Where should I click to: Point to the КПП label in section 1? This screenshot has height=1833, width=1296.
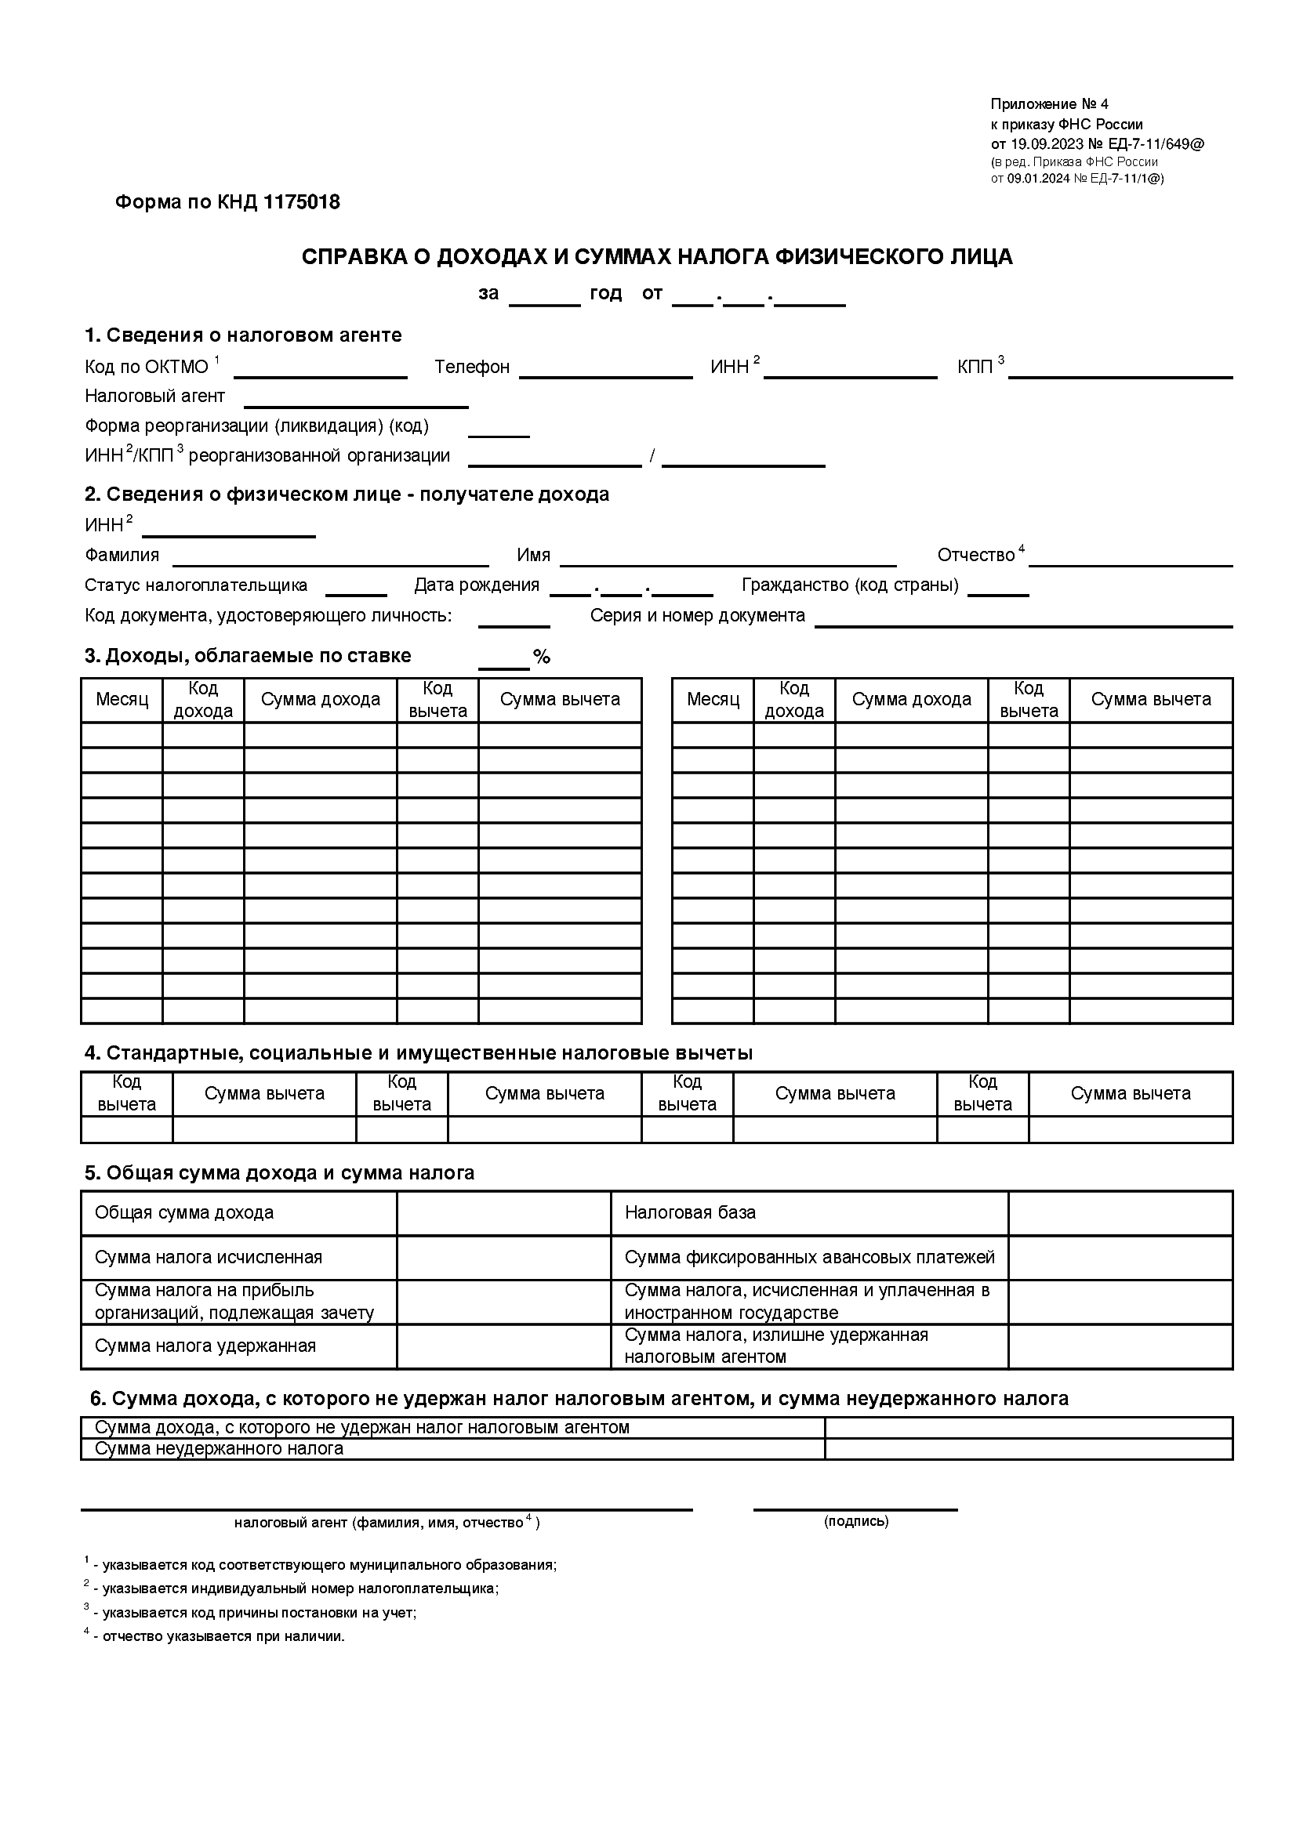[975, 368]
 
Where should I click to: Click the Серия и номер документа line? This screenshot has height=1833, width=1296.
[1023, 621]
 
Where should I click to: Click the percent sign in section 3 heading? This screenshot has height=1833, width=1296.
[543, 657]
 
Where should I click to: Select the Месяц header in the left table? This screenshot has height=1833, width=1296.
[122, 700]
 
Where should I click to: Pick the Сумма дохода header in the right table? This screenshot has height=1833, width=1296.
[911, 700]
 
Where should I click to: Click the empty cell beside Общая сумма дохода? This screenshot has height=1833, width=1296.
[504, 1213]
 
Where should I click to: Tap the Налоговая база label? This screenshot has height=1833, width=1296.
[690, 1212]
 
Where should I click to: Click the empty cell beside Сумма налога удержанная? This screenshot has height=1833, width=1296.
[504, 1346]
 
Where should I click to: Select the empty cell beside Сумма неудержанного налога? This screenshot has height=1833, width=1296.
[1029, 1449]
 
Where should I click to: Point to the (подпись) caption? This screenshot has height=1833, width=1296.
[856, 1522]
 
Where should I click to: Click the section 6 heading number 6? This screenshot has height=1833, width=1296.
[96, 1399]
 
